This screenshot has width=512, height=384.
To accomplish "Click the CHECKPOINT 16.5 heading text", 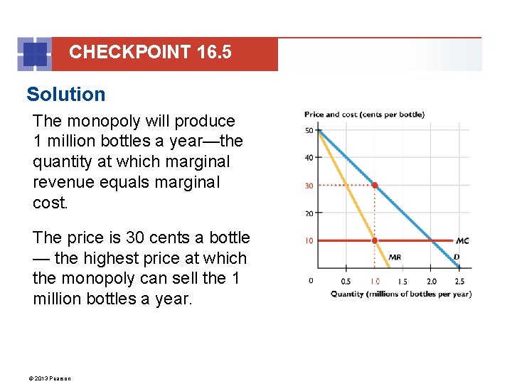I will pyautogui.click(x=150, y=52).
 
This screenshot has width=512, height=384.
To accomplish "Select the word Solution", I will pyautogui.click(x=65, y=95).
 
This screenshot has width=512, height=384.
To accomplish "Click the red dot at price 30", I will pyautogui.click(x=375, y=185).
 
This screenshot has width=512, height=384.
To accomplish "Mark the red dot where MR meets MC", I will pyautogui.click(x=375, y=240).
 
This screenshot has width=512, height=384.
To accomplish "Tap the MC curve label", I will pyautogui.click(x=462, y=241).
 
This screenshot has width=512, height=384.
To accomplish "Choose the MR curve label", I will pyautogui.click(x=395, y=257).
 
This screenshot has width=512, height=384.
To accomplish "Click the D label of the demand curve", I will pyautogui.click(x=457, y=257).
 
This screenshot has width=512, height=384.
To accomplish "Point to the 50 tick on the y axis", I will pyautogui.click(x=309, y=131).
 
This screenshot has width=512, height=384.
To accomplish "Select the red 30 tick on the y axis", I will pyautogui.click(x=309, y=186).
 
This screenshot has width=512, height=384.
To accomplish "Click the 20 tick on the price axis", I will pyautogui.click(x=309, y=213).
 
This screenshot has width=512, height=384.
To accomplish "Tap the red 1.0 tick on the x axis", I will pyautogui.click(x=374, y=281).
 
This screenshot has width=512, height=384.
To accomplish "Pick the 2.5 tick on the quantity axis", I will pyautogui.click(x=459, y=281).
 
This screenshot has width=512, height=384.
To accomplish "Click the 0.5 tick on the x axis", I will pyautogui.click(x=346, y=281).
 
